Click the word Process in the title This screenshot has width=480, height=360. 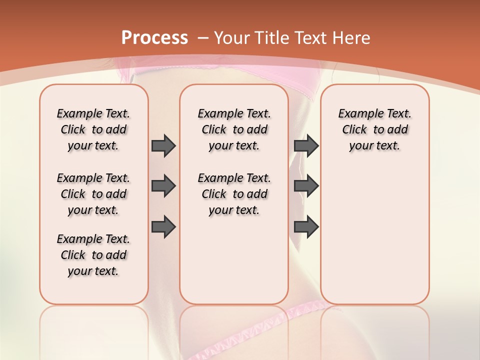tap(154, 38)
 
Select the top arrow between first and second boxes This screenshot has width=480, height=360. tap(163, 145)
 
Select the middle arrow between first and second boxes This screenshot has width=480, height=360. tap(163, 186)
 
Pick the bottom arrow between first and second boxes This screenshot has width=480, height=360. tap(163, 226)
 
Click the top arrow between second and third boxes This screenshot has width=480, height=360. tap(306, 145)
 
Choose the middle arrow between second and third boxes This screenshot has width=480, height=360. tap(306, 186)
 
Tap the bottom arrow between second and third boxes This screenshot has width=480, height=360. tap(306, 226)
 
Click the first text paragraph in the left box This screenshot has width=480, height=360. tap(93, 129)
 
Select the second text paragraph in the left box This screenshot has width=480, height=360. tap(93, 194)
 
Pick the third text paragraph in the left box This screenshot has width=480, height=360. tap(93, 255)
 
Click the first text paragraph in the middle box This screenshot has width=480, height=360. tap(234, 129)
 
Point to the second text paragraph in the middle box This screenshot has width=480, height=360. tap(234, 194)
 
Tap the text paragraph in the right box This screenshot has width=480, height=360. tap(374, 129)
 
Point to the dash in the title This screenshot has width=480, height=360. tap(203, 38)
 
